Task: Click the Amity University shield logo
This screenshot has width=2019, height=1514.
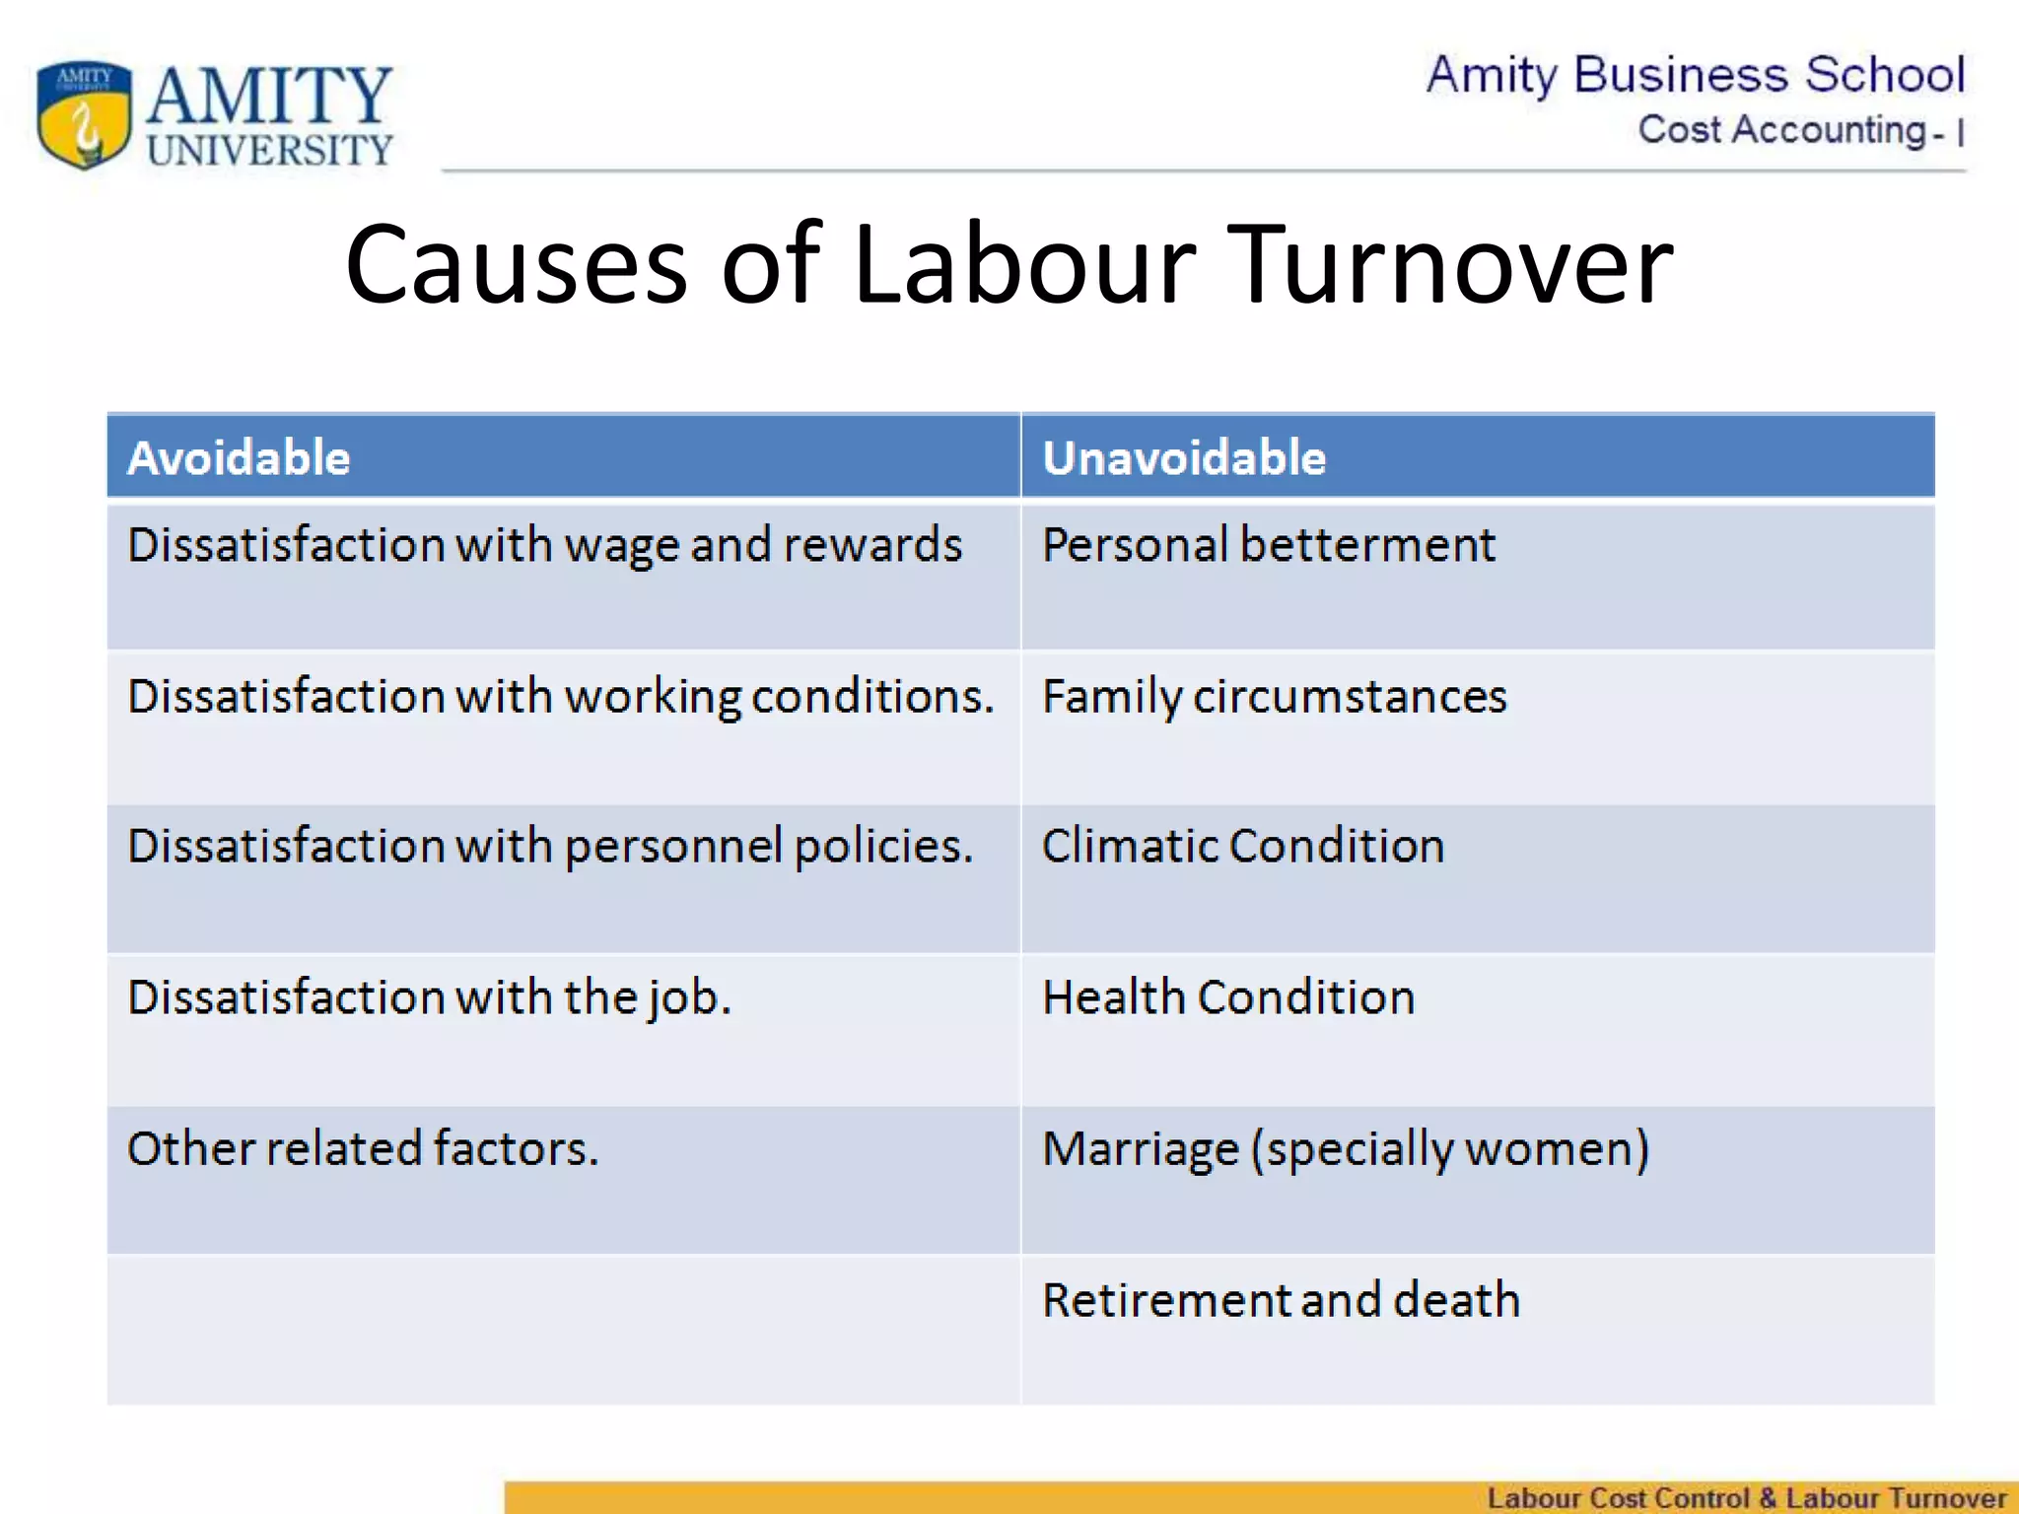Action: [x=84, y=114]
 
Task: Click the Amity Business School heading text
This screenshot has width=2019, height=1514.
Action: [x=1695, y=75]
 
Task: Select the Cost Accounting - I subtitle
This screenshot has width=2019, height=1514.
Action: [x=1800, y=130]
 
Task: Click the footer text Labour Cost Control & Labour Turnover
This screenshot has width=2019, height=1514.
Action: [x=1746, y=1498]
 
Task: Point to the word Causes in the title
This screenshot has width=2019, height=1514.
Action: [x=516, y=264]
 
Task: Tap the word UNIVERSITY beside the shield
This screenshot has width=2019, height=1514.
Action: [x=270, y=150]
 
